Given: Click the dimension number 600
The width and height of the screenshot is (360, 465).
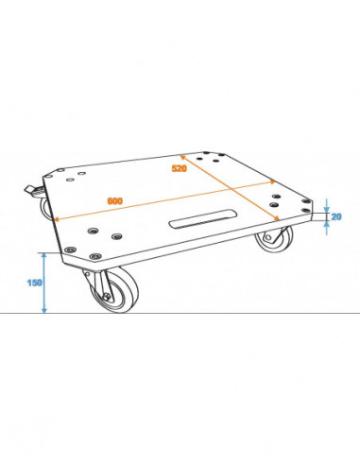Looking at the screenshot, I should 114,201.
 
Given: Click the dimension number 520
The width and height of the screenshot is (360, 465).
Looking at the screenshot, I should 178,168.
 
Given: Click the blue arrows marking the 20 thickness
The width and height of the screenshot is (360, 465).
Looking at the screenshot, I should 324,215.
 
